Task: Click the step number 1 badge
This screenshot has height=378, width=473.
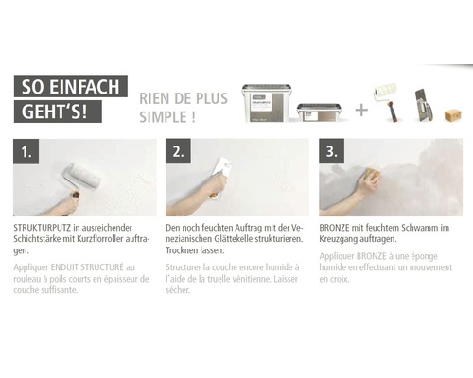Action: pos(26,151)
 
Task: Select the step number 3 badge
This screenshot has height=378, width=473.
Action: pos(331,151)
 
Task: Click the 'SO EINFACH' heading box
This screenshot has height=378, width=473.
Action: pos(73,87)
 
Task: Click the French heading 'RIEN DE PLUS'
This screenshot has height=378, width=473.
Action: pos(183,97)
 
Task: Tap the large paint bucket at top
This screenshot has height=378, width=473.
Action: pos(266,101)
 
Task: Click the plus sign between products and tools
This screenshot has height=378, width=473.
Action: pos(360,109)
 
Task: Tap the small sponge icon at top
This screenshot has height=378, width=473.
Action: pos(452,113)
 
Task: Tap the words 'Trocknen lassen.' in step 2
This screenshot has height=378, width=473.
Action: pos(193,252)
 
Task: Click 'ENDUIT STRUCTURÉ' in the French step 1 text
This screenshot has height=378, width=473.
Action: pos(89,267)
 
